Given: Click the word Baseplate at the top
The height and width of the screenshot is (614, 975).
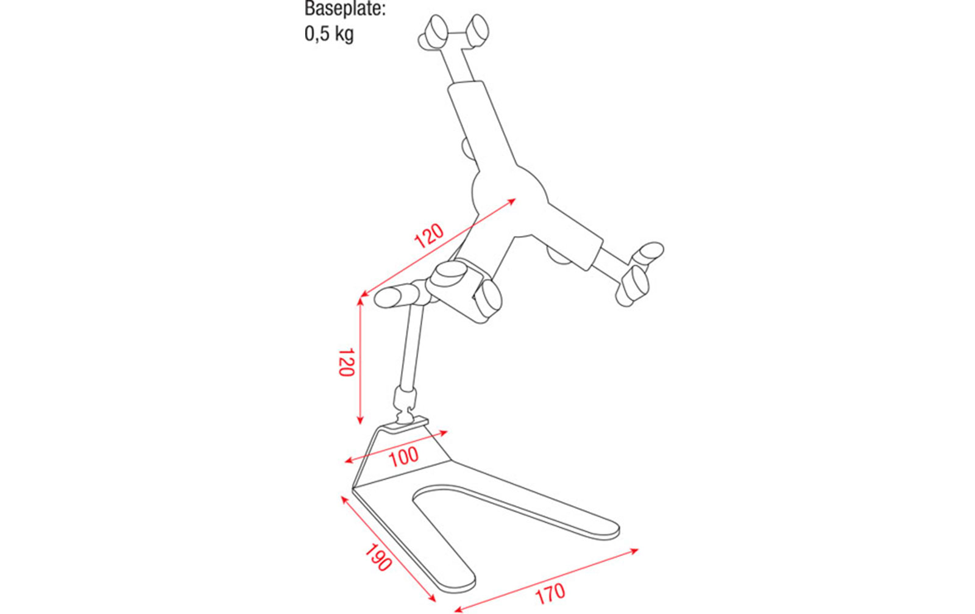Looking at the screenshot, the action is click(x=345, y=9).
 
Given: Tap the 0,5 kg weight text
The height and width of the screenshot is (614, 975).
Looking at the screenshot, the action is click(x=329, y=34).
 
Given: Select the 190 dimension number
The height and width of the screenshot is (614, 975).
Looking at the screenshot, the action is click(x=377, y=557).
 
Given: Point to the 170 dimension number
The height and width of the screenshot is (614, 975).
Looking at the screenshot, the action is click(x=550, y=593).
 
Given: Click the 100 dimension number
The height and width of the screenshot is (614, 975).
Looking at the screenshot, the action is click(x=403, y=457).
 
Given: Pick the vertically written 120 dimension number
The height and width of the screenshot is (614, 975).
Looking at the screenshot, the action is click(x=347, y=362).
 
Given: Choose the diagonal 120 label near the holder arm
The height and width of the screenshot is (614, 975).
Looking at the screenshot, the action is click(x=429, y=235).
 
